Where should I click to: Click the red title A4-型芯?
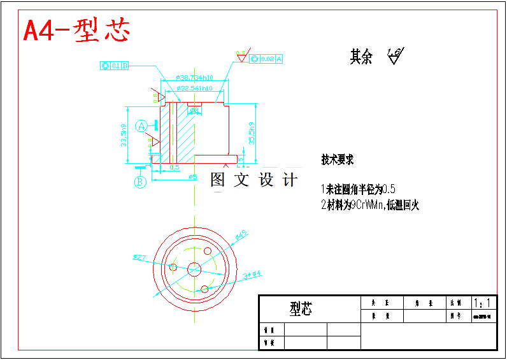pos(76,31)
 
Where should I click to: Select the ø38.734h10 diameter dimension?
pos(194,78)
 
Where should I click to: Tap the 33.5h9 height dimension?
pos(124,134)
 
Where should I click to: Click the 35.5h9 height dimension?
pos(252,133)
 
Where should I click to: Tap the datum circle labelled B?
pos(141,182)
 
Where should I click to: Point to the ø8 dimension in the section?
pos(194,111)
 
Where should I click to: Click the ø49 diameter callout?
pos(241,236)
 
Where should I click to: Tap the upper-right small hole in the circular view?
pos(207,250)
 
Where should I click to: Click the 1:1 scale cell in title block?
pos(482,303)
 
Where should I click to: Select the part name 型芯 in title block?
pos(301,310)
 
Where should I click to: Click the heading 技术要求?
pos(338,160)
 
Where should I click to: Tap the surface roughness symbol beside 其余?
pos(396,56)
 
